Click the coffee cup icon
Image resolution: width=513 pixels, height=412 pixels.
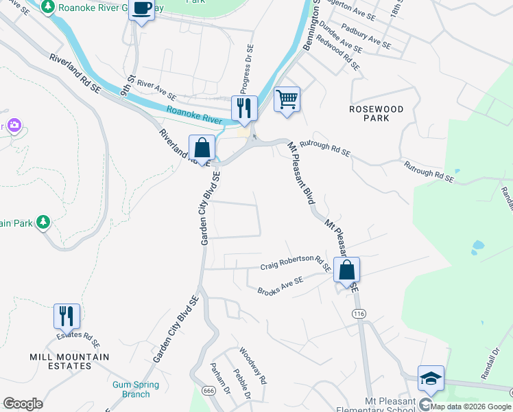point(142,10)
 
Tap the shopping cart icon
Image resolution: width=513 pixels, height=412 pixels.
point(287,99)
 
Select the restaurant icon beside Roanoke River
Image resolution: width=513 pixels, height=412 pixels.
point(243,108)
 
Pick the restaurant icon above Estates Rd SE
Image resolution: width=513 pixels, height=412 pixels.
point(67,317)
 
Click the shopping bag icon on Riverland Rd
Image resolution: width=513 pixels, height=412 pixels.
point(202,148)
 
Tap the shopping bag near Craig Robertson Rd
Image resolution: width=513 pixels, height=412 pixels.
point(347,270)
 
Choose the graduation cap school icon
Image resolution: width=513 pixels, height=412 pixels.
point(431,378)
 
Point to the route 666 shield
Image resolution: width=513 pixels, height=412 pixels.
point(208,390)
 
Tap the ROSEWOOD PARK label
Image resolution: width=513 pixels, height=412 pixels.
point(376,113)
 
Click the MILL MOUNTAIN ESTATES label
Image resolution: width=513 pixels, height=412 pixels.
point(69,361)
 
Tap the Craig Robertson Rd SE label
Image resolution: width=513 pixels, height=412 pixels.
point(296,262)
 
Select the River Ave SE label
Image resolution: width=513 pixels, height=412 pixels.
point(156,89)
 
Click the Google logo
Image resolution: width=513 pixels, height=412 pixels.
point(23,404)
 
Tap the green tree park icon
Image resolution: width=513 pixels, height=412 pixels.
point(43,222)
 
